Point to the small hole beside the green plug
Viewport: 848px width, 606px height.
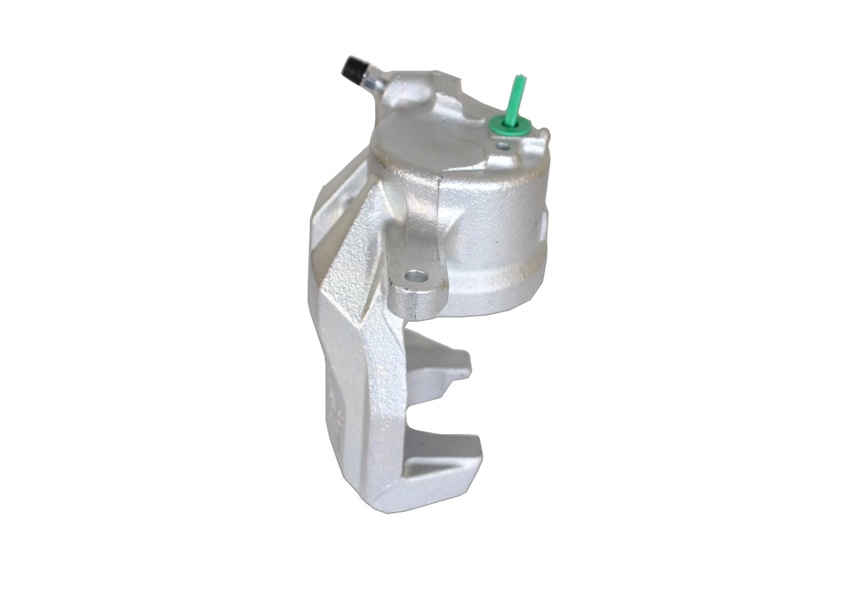[503, 145]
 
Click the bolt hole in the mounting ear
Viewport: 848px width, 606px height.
[415, 274]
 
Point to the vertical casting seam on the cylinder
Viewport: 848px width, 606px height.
[438, 199]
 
